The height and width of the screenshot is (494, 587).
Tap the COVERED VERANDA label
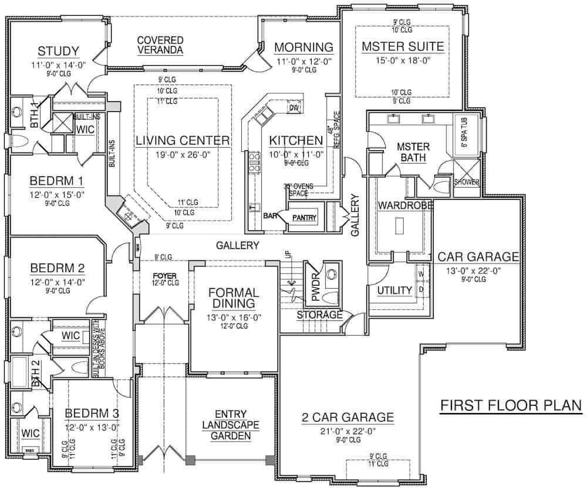(x=160, y=45)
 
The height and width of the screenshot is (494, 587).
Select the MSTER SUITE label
(x=402, y=46)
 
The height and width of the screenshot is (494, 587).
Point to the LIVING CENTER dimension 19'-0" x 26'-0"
(x=181, y=155)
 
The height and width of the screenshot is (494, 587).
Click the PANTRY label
(x=305, y=218)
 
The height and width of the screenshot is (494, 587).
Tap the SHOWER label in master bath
(x=467, y=182)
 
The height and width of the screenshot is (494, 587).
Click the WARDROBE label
(x=406, y=205)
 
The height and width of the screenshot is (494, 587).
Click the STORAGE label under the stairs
(x=319, y=315)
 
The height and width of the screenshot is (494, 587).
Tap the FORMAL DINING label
(x=233, y=297)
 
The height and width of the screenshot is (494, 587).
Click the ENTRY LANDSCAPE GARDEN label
(x=231, y=424)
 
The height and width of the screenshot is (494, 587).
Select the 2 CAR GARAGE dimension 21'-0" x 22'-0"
(x=346, y=431)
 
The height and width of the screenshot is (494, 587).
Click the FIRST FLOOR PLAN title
(x=511, y=405)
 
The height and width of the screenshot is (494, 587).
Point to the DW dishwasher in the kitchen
(x=294, y=108)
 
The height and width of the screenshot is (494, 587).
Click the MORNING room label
(x=303, y=47)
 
